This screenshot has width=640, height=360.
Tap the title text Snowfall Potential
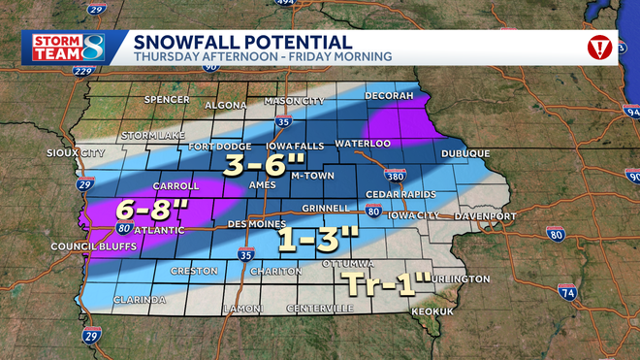point(242,41)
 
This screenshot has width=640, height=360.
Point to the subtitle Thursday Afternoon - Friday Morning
point(262,57)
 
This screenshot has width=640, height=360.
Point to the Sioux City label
point(74,153)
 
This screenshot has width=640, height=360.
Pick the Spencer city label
point(163,100)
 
